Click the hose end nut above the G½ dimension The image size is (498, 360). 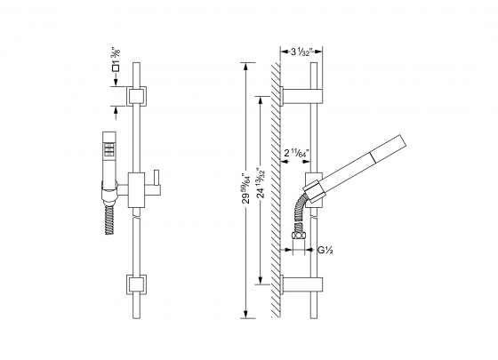(x=300, y=237)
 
